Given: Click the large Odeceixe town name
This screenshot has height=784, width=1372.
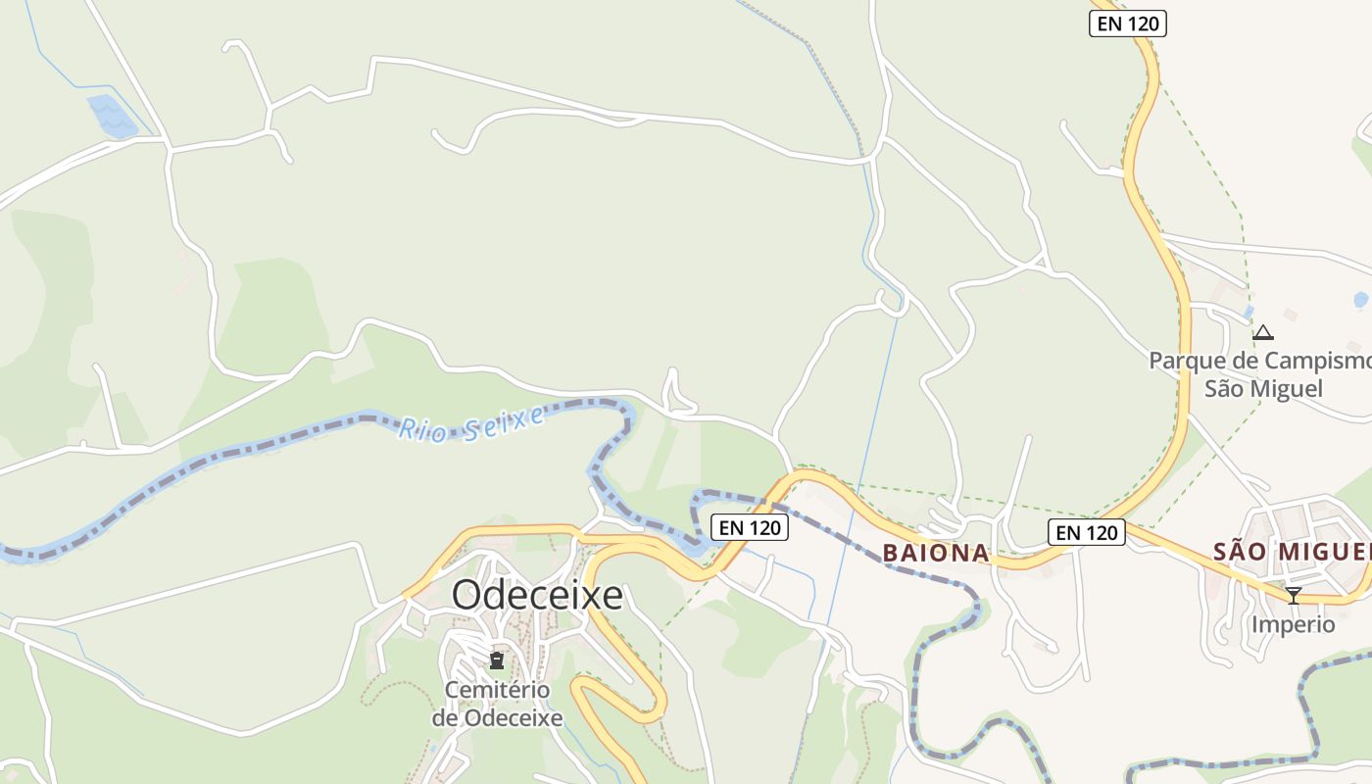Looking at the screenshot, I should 537,595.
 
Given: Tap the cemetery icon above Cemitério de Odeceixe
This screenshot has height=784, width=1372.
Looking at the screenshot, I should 497,661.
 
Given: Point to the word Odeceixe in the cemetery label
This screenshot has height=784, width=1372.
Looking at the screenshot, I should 514,717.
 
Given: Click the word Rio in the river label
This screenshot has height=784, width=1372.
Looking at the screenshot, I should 419,429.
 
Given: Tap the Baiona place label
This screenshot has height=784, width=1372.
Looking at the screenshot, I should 936,553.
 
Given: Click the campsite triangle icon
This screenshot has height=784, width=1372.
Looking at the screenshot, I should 1263,333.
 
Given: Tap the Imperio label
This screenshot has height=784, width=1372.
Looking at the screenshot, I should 1293,624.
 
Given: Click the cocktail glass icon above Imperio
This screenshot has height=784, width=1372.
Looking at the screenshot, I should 1294,595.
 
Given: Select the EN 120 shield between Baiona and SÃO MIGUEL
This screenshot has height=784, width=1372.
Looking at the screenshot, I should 1087,532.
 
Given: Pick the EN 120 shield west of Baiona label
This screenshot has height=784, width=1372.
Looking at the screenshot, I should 750,527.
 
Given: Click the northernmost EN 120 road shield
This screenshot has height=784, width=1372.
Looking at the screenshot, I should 1128,24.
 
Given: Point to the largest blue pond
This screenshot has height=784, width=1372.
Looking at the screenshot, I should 112,116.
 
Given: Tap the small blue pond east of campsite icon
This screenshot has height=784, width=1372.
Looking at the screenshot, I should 1360,300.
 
